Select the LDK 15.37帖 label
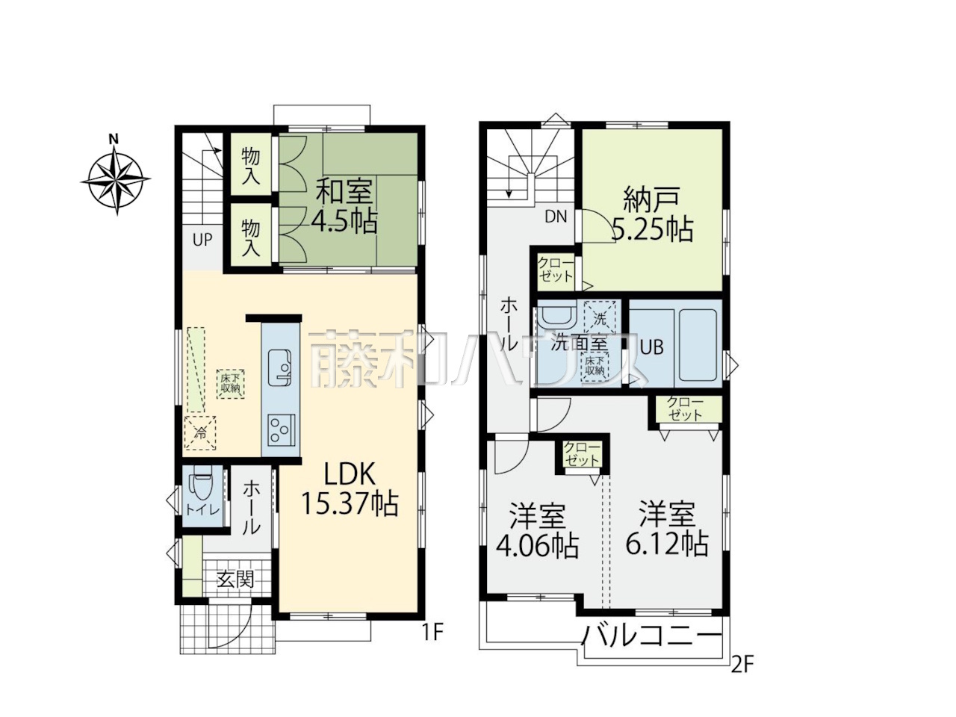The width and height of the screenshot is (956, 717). [x=350, y=490]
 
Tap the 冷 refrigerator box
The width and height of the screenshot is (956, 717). [x=200, y=432]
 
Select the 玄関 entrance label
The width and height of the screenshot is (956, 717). [x=235, y=579]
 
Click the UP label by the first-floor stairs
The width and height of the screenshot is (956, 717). [x=202, y=240]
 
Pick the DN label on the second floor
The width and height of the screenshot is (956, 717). [x=556, y=217]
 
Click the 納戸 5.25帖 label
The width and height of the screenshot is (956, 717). [x=652, y=214]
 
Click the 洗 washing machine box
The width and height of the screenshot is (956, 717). [x=600, y=320]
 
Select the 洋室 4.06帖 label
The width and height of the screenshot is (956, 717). [x=538, y=531]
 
